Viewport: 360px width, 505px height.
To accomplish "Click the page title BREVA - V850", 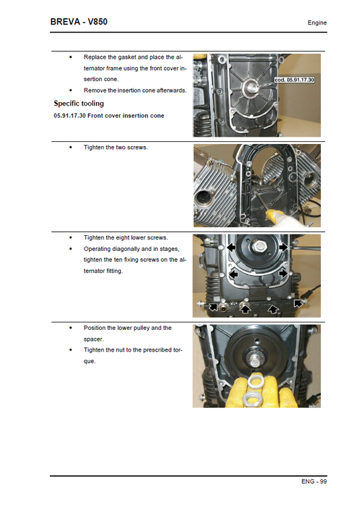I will (x=79, y=22).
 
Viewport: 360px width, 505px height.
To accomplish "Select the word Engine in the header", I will (x=317, y=23).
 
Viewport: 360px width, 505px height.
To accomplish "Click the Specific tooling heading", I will (x=78, y=103).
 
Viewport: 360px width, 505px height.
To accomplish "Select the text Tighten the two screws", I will (x=115, y=147).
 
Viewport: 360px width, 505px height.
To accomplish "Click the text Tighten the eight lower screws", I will (x=126, y=237).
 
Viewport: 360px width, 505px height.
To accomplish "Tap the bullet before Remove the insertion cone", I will (x=70, y=90).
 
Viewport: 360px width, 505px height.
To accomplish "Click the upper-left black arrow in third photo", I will (x=232, y=248).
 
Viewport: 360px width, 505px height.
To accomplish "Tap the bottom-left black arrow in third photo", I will (x=213, y=308).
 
